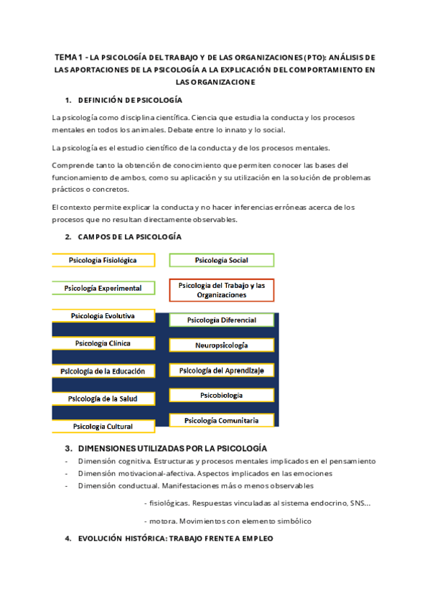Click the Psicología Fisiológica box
click(103, 260)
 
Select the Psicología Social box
click(221, 260)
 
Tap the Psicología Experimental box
click(103, 288)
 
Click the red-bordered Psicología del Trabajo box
click(221, 290)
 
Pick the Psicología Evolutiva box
click(103, 315)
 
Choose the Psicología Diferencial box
click(221, 320)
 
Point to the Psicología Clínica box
click(103, 343)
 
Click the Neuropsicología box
click(221, 345)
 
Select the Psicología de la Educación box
click(103, 371)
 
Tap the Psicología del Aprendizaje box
click(221, 371)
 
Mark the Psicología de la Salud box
click(103, 399)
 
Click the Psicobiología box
click(221, 395)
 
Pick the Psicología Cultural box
click(103, 426)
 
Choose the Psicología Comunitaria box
click(221, 420)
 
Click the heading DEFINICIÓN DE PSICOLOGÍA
click(130, 100)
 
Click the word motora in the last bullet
click(162, 521)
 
